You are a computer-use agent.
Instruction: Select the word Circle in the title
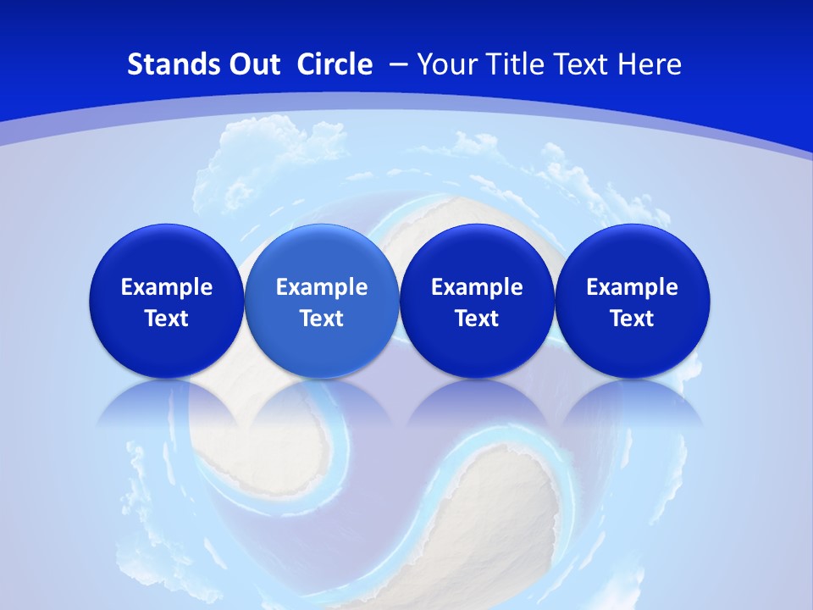click(x=335, y=64)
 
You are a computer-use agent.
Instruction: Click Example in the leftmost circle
click(x=167, y=287)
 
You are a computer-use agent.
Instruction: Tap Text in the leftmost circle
click(x=167, y=319)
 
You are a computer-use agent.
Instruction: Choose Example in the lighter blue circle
click(x=322, y=287)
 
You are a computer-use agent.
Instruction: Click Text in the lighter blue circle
click(x=322, y=319)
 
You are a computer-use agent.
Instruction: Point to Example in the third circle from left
click(x=477, y=287)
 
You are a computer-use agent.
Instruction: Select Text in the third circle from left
click(x=477, y=319)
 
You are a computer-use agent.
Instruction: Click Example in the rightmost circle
click(x=632, y=287)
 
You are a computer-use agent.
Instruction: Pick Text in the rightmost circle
click(x=632, y=319)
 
